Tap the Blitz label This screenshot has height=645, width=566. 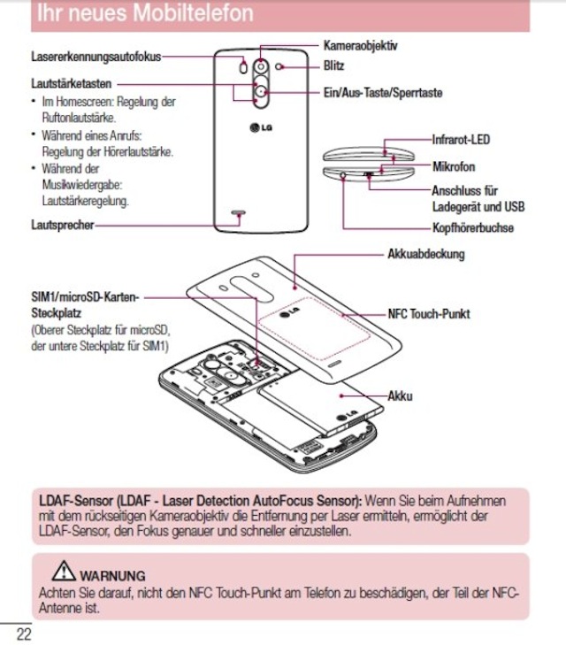click(333, 65)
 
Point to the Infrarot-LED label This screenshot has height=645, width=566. click(460, 139)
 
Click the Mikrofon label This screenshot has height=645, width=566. click(454, 166)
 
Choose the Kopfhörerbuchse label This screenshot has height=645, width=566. click(472, 228)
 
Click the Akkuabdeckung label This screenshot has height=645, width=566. click(425, 254)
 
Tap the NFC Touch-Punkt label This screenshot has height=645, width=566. click(429, 313)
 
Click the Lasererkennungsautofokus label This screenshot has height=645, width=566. click(96, 57)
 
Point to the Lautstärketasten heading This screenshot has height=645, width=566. click(71, 82)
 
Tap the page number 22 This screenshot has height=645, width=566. click(22, 633)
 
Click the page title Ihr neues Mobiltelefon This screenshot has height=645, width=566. click(141, 14)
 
